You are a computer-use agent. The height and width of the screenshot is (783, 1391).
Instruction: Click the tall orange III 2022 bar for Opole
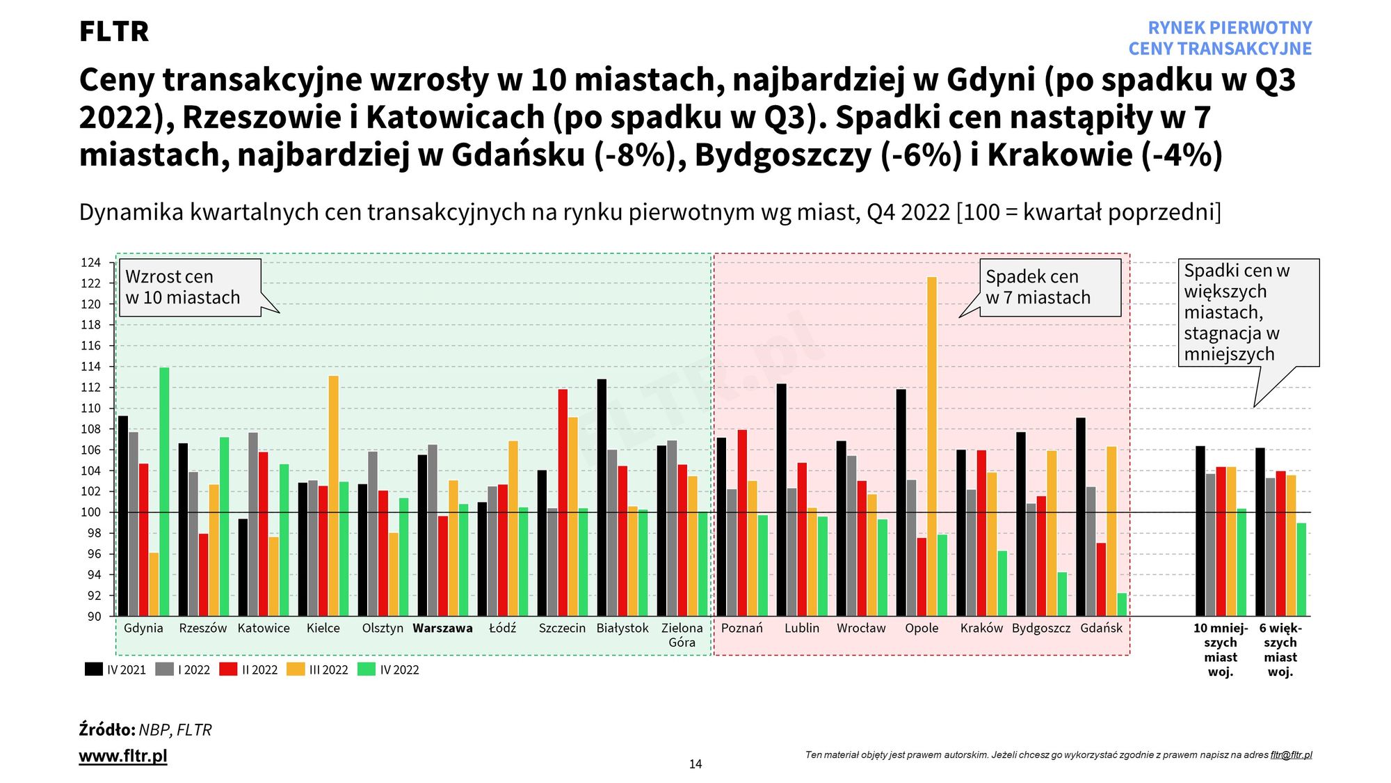click(x=932, y=445)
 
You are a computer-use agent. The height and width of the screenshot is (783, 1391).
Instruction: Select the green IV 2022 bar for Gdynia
click(x=164, y=491)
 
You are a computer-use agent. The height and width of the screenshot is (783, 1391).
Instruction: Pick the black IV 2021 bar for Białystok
click(x=602, y=498)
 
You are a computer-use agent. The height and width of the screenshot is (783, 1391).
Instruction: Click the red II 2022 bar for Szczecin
click(x=563, y=503)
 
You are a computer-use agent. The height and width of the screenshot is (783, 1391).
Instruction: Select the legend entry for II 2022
click(x=249, y=670)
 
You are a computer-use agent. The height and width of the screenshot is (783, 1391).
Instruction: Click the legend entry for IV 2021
click(x=115, y=670)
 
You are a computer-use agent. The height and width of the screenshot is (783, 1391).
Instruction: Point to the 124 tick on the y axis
click(x=91, y=262)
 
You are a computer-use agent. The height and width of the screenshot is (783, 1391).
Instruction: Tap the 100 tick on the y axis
click(x=91, y=512)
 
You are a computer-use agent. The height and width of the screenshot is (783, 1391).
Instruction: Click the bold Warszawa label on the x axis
click(x=442, y=628)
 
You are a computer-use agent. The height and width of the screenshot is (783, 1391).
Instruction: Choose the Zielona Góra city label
click(x=682, y=635)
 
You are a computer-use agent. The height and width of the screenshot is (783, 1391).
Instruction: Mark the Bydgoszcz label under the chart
click(x=1041, y=628)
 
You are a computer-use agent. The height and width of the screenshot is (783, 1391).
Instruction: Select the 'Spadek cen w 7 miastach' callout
click(x=1050, y=287)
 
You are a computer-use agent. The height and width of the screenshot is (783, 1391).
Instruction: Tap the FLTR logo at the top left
click(x=114, y=31)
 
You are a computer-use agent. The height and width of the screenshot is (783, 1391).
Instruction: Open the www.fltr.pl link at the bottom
click(x=123, y=756)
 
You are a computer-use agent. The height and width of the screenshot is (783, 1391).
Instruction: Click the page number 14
click(x=695, y=764)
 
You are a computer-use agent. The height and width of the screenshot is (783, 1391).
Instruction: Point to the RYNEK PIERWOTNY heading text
click(x=1230, y=28)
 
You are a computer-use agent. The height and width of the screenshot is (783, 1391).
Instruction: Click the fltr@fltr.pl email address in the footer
click(x=1291, y=755)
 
